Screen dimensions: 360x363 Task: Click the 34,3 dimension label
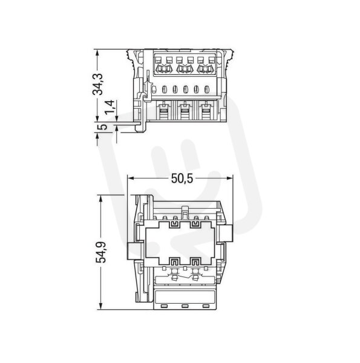click(97, 84)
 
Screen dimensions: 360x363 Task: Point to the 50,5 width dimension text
click(182, 178)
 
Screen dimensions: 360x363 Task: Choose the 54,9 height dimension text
click(101, 252)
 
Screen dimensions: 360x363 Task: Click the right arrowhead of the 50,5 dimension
click(230, 178)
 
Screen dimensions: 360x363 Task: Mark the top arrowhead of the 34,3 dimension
click(97, 53)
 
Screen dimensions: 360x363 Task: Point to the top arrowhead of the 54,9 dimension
click(100, 198)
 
